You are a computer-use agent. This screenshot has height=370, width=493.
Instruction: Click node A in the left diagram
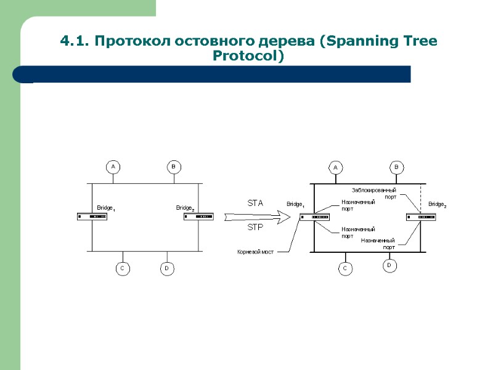[113, 166]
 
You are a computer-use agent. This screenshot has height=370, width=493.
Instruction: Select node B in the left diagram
[173, 166]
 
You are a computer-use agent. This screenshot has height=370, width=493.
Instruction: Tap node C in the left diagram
[122, 269]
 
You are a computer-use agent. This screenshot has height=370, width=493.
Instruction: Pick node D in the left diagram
[166, 269]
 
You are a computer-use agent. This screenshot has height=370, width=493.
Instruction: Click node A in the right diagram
[336, 167]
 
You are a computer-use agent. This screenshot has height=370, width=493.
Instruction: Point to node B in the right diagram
[397, 167]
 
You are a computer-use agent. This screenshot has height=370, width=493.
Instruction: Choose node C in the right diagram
[345, 269]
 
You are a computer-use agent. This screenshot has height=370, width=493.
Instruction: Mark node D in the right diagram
[389, 265]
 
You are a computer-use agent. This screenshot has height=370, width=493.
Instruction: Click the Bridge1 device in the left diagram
[92, 216]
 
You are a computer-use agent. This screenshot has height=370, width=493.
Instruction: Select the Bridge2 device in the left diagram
[198, 216]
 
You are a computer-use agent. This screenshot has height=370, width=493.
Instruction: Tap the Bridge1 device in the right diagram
[314, 216]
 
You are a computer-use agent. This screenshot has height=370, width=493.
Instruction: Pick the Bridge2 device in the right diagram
[421, 216]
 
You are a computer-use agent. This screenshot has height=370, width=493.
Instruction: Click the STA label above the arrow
[255, 203]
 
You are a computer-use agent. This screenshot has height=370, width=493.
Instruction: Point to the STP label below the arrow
[255, 228]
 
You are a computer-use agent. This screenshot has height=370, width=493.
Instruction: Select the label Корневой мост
[255, 252]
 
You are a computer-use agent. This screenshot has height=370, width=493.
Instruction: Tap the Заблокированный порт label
[374, 193]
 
